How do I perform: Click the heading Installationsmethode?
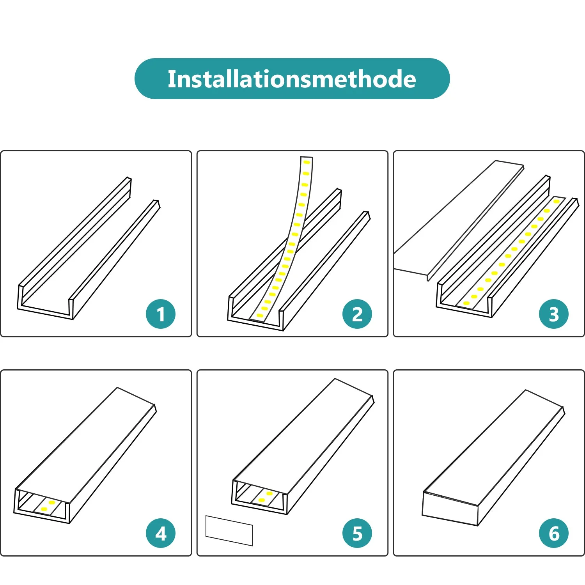pyautogui.click(x=292, y=79)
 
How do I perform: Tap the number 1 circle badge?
pyautogui.click(x=161, y=314)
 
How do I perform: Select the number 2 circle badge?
pyautogui.click(x=357, y=314)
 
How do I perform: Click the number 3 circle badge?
pyautogui.click(x=554, y=314)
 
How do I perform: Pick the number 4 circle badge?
pyautogui.click(x=161, y=533)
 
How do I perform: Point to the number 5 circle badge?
pyautogui.click(x=357, y=533)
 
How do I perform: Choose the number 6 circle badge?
pyautogui.click(x=554, y=533)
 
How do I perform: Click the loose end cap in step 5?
pyautogui.click(x=229, y=531)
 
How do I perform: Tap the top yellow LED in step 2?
pyautogui.click(x=307, y=162)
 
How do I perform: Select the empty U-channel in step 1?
pyautogui.click(x=88, y=250)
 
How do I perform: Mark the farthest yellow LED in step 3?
pyautogui.click(x=557, y=201)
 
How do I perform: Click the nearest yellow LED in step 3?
pyautogui.click(x=466, y=303)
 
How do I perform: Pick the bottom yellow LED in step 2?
pyautogui.click(x=260, y=315)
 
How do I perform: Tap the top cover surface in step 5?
pyautogui.click(x=303, y=437)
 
